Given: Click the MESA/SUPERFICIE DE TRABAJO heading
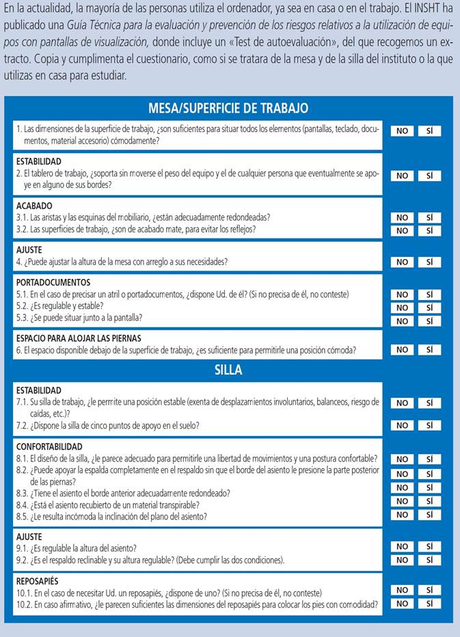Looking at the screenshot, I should (228, 108).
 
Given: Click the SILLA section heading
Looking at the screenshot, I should (228, 371).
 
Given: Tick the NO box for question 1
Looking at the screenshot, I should (402, 131).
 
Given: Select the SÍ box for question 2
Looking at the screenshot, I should (429, 176).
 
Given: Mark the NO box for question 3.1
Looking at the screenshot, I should (402, 218).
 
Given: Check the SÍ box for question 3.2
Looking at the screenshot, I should (429, 230).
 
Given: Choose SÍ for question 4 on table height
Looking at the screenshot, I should (429, 262).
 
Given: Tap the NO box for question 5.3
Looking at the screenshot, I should (402, 321).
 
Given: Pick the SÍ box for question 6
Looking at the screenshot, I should (429, 350).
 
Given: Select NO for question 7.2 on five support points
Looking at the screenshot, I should (402, 425).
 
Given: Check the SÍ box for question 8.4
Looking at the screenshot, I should (429, 501).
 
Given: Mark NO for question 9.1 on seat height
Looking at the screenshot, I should (402, 547).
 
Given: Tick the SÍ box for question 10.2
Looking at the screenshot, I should (429, 604).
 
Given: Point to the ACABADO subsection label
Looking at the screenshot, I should (34, 206).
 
